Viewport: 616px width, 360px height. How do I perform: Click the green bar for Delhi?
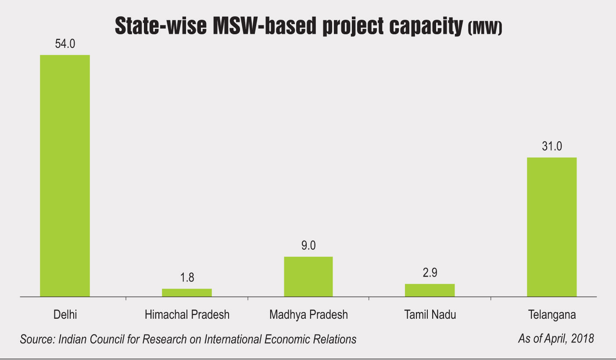(65, 176)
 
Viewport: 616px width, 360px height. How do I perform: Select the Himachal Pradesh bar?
(187, 293)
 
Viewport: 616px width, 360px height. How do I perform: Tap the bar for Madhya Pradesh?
(308, 277)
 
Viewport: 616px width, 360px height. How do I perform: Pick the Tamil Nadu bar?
(430, 290)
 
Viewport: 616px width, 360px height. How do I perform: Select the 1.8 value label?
(187, 278)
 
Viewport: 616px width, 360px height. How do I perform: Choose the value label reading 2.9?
(430, 273)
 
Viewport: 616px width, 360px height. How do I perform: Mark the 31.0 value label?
(552, 147)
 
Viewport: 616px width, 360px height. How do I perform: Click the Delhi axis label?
(65, 315)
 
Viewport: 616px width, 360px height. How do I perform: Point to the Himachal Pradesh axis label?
(187, 315)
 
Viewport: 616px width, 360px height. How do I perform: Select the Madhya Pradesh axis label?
(308, 315)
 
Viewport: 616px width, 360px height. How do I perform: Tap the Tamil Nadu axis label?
(430, 315)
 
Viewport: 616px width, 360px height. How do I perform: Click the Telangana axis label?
(552, 315)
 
